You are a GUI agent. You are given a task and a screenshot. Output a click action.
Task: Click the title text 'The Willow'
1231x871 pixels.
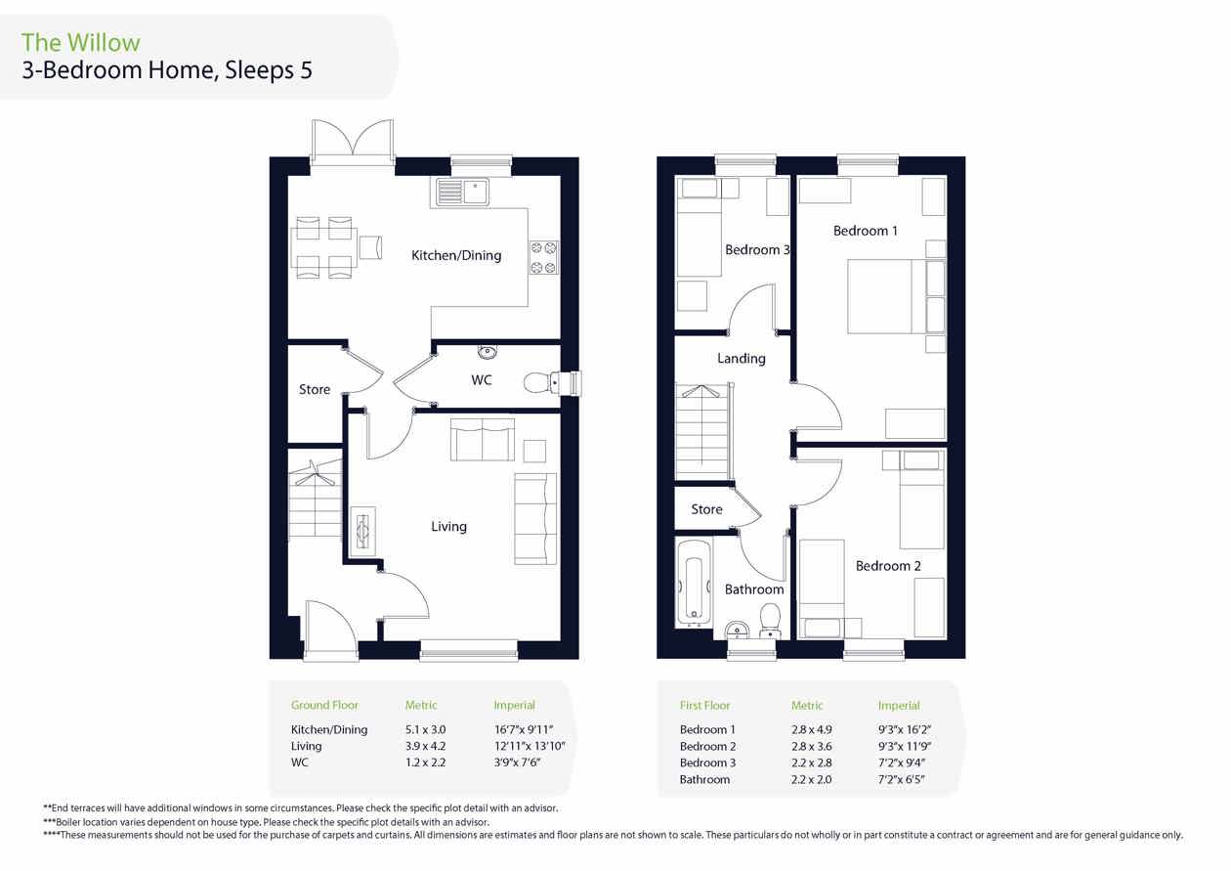click(x=81, y=43)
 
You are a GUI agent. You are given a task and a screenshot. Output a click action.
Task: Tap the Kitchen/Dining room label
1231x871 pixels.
click(x=456, y=256)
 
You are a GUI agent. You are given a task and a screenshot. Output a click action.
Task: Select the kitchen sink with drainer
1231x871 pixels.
click(x=462, y=192)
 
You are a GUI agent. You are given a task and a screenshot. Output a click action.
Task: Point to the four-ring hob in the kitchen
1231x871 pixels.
click(x=544, y=257)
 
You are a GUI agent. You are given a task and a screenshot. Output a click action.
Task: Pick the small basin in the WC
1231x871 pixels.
click(x=487, y=351)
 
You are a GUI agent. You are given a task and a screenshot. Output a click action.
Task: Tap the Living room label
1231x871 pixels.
click(x=449, y=526)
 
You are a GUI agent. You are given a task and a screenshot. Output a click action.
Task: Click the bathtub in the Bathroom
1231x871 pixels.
click(x=694, y=584)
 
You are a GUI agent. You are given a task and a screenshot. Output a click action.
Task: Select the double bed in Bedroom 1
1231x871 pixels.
click(x=896, y=296)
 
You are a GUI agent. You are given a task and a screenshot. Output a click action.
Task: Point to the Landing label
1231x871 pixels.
click(x=742, y=359)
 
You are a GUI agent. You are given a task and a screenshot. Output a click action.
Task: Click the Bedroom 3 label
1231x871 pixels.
click(x=757, y=250)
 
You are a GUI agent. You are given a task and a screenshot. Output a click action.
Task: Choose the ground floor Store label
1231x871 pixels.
click(x=315, y=389)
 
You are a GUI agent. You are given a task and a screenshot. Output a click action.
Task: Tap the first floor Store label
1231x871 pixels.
click(x=706, y=509)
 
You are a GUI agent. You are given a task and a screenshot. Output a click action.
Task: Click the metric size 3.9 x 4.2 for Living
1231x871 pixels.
click(x=425, y=746)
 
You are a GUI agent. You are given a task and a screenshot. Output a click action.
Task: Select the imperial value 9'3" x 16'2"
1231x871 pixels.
click(x=905, y=729)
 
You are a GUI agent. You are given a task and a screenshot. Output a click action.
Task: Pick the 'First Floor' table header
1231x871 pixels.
click(x=704, y=706)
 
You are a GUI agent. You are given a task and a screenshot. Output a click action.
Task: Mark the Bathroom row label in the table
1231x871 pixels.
click(x=704, y=779)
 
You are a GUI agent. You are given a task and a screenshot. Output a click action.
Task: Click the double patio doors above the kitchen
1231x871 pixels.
click(x=353, y=142)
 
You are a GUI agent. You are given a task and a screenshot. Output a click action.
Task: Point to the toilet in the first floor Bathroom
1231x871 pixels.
click(x=771, y=620)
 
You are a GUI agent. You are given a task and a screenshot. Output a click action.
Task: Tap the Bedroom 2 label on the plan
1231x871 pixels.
click(x=888, y=566)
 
